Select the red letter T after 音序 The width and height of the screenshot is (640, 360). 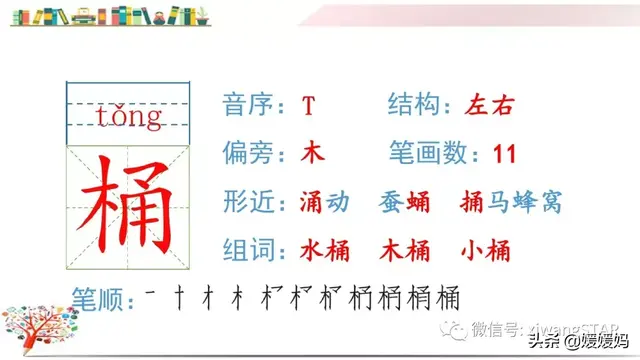tap(309, 105)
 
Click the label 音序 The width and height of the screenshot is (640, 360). tap(250, 105)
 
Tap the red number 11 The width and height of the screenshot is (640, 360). tap(504, 154)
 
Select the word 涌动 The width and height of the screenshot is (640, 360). tap(325, 202)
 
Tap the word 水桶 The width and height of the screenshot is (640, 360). tap(325, 250)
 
